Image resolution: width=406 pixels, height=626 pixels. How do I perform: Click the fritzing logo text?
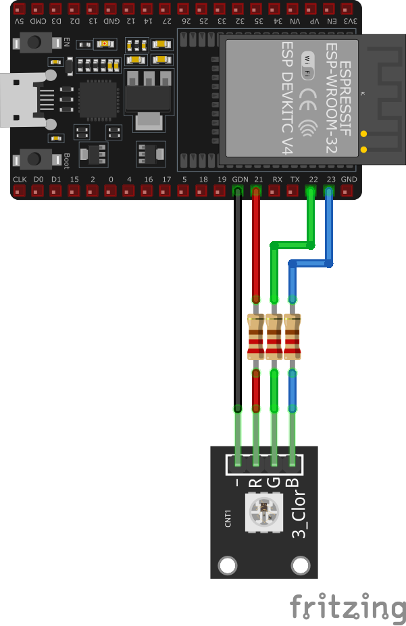pos(347,606)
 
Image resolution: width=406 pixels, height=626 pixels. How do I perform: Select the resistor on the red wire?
pos(256,336)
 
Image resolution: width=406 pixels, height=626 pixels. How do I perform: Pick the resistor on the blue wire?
pos(293,336)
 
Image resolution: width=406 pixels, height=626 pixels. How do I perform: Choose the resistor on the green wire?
pos(274,336)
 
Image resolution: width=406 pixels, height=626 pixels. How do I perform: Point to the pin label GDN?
pos(240,180)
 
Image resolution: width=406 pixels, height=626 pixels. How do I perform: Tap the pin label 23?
pos(330,180)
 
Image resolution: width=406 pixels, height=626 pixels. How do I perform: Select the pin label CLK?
pos(20,180)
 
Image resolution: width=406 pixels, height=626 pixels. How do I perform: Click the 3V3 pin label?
pos(349,21)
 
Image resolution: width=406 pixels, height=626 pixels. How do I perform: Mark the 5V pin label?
pos(20,21)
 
